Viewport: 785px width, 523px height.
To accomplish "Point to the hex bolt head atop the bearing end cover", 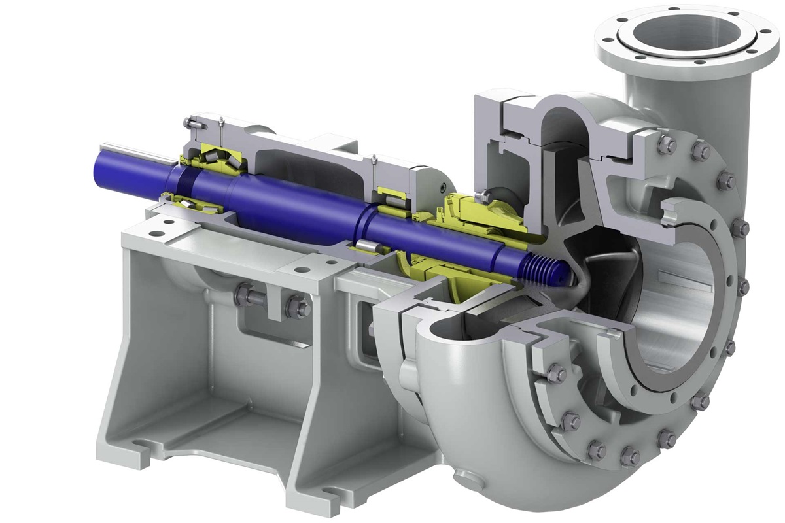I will pyautogui.click(x=190, y=123).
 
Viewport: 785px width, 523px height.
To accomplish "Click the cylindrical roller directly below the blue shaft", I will pyautogui.click(x=367, y=246).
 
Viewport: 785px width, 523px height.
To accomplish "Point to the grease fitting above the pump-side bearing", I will pyautogui.click(x=373, y=161).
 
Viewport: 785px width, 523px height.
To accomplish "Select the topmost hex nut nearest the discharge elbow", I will pyautogui.click(x=666, y=144).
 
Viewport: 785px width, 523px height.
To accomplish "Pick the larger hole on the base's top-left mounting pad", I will pyautogui.click(x=158, y=233).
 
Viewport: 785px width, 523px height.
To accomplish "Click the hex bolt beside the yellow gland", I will pyautogui.click(x=482, y=195).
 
